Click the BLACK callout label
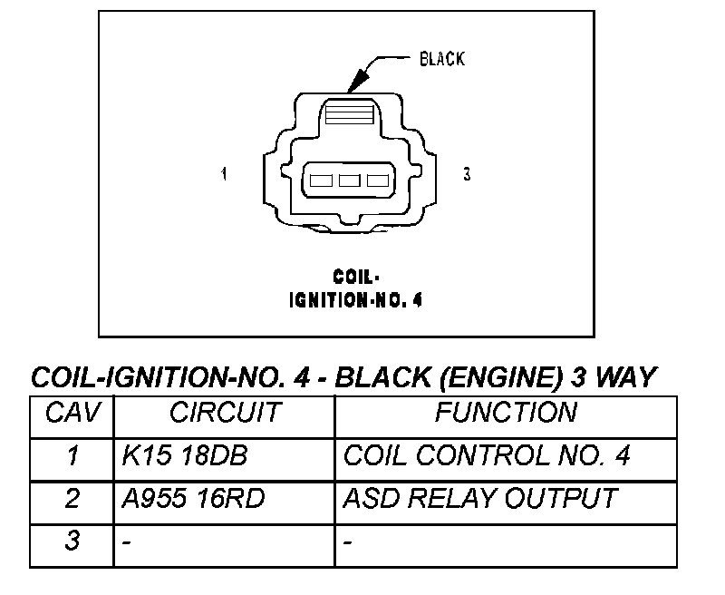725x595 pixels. tap(442, 59)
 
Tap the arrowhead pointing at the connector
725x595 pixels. tap(358, 80)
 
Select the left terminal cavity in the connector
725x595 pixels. tap(321, 180)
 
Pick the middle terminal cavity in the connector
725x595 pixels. tap(349, 180)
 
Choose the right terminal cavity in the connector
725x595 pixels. tap(378, 180)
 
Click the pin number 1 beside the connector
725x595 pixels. tap(224, 174)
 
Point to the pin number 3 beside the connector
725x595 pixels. tap(467, 174)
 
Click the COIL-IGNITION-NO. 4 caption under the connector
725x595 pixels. tap(355, 288)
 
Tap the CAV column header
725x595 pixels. tap(72, 412)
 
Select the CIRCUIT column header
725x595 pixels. tap(225, 412)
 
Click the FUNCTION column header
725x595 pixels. tap(507, 412)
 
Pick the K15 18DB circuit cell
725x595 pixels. tap(185, 455)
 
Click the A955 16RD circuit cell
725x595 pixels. tap(193, 498)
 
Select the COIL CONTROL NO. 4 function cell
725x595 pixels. tap(487, 455)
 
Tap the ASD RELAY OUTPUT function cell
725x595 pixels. tap(480, 498)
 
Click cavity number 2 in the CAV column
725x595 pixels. tap(72, 498)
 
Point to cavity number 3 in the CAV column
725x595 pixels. tap(72, 540)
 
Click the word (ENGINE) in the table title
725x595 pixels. tap(502, 377)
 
